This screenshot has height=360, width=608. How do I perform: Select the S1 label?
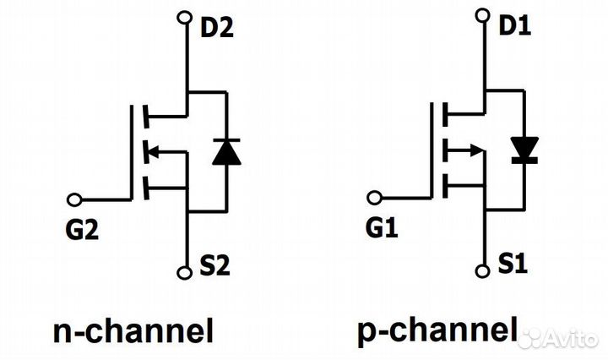click(512, 267)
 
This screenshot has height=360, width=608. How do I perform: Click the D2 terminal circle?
click(186, 17)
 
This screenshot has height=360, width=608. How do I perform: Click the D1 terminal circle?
click(483, 15)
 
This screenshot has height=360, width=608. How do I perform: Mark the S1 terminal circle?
click(483, 271)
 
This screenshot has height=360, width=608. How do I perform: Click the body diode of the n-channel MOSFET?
click(225, 151)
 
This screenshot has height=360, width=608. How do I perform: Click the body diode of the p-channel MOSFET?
click(524, 150)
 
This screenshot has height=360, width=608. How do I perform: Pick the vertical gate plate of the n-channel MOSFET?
click(133, 152)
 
